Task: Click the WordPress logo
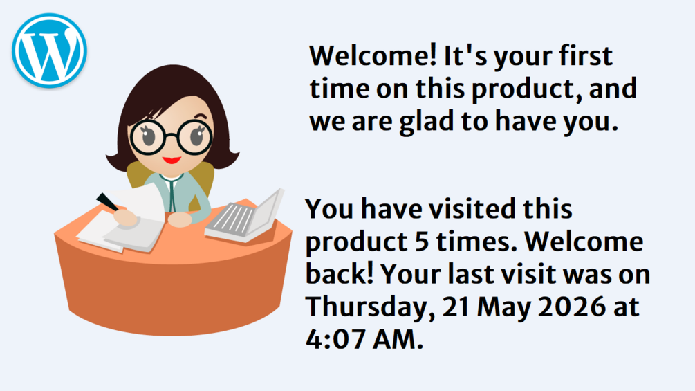click(x=49, y=50)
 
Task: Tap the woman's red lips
click(x=172, y=160)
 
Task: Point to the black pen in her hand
click(x=107, y=202)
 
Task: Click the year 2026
click(x=571, y=307)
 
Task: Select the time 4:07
click(x=336, y=339)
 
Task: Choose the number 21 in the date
click(x=456, y=307)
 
